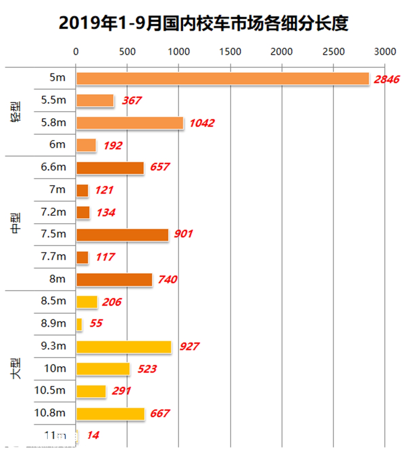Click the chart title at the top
[x=203, y=23]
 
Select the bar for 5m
[x=222, y=79]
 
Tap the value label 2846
[x=386, y=79]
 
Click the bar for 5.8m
[x=130, y=123]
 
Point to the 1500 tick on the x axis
[x=230, y=52]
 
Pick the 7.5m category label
[x=53, y=234]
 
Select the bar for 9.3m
[x=124, y=347]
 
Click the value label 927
[x=189, y=347]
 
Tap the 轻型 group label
[x=16, y=111]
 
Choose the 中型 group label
[x=16, y=223]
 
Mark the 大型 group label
[x=16, y=368]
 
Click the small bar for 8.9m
[x=79, y=325]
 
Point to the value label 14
[x=93, y=435]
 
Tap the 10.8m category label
[x=50, y=413]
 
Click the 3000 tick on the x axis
[x=385, y=52]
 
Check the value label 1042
[x=202, y=123]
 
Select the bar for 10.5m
[x=91, y=391]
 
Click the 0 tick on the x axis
[x=76, y=52]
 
